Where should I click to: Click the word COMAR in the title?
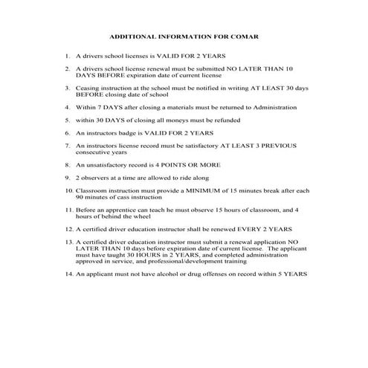242,36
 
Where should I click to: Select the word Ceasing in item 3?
89,87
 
